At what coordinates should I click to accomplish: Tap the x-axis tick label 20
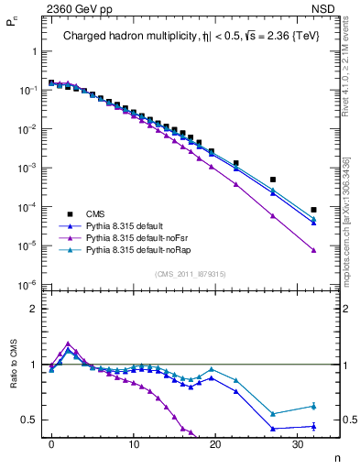point(214,444)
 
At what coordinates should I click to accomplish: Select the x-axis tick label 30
point(297,444)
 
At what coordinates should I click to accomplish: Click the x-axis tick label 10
point(133,444)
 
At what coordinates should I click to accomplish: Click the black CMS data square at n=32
point(313,210)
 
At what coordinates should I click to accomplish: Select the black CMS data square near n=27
point(273,180)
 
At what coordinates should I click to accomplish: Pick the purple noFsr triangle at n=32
point(313,250)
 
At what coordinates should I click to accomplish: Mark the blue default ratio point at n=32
point(313,426)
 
